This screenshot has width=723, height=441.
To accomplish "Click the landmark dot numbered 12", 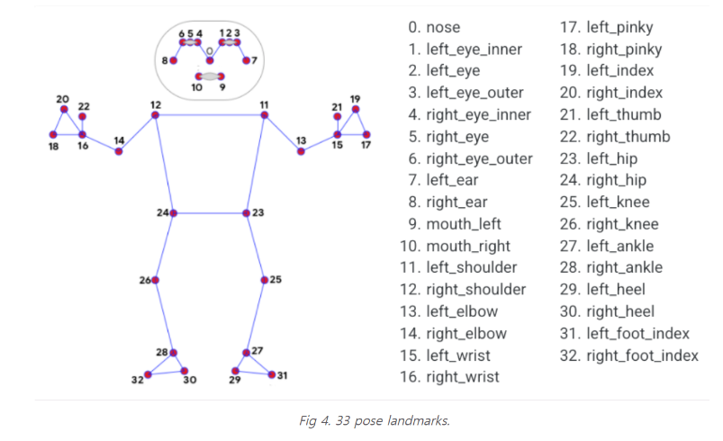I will point(155,115).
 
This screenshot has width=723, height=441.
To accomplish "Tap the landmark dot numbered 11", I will point(264,115).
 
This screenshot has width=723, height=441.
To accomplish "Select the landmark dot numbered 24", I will point(173,213).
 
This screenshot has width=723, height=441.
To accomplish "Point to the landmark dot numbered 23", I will point(246,213).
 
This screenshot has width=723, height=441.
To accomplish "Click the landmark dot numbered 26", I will point(156,281).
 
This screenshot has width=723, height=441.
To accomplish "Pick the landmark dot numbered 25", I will point(264,281).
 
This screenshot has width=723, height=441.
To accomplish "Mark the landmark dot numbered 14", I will point(119,151).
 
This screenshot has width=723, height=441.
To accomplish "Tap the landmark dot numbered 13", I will point(301,151).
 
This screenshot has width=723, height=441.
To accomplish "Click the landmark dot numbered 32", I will point(148,374).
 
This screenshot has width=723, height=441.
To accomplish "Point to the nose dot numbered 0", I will point(210,60).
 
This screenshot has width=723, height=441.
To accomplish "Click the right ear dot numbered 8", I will point(174,60).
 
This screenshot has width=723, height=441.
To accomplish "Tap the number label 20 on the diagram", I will point(62,99).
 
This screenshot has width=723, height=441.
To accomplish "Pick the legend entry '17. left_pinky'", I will point(606,27).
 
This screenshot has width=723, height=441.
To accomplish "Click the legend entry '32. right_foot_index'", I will point(628,355).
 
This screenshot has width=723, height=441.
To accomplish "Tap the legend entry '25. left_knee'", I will point(604,202).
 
